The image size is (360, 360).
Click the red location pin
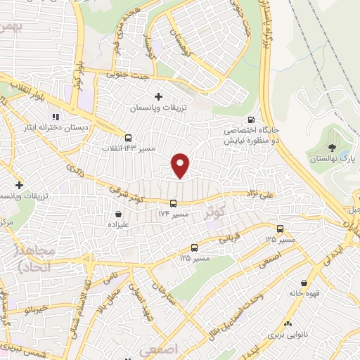[181, 165]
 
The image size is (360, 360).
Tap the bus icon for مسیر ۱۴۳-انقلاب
[128, 138]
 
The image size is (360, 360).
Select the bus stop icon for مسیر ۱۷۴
[174, 204]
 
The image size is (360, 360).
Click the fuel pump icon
[252, 120]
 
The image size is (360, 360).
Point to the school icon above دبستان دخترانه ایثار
[55, 117]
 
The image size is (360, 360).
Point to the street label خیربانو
[32, 309]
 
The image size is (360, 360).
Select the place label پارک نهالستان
[332, 160]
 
